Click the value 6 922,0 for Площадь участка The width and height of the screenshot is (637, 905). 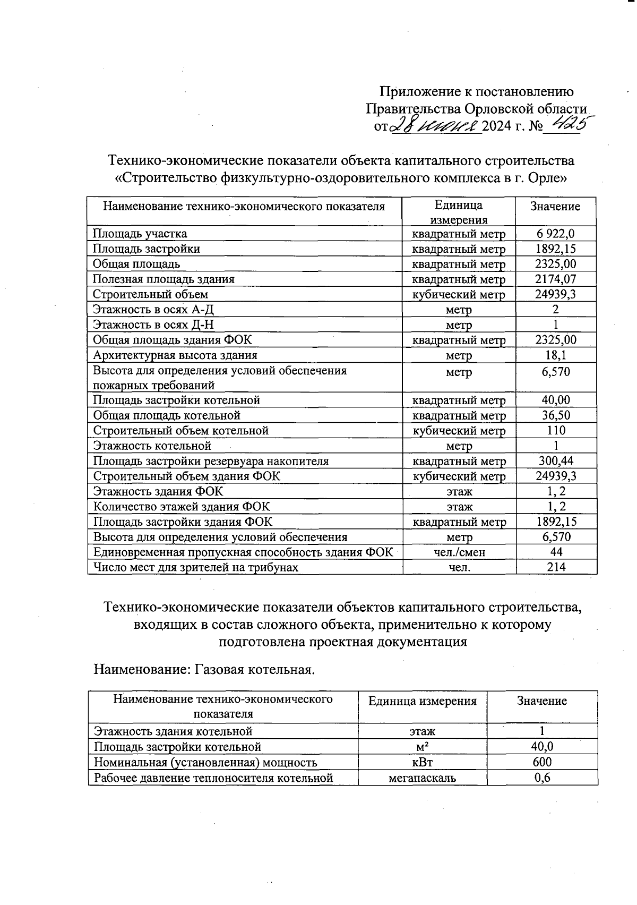555,234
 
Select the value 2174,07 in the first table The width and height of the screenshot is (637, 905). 555,279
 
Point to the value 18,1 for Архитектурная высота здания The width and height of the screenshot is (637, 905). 555,355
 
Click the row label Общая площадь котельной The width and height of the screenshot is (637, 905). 167,415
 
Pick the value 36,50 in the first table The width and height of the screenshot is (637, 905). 555,415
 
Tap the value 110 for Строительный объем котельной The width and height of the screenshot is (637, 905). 555,431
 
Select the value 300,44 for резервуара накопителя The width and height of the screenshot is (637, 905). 555,461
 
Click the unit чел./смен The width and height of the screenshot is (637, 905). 459,552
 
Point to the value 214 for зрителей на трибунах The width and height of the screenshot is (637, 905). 556,567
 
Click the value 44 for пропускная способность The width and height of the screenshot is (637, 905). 556,552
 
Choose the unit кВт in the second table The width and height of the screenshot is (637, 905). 422,763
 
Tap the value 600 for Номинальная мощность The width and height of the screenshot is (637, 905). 542,763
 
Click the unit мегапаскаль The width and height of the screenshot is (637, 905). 422,778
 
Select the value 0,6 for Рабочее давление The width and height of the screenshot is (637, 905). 542,778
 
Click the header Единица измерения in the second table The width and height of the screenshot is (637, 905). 422,702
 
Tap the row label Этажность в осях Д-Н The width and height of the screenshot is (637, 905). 153,325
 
